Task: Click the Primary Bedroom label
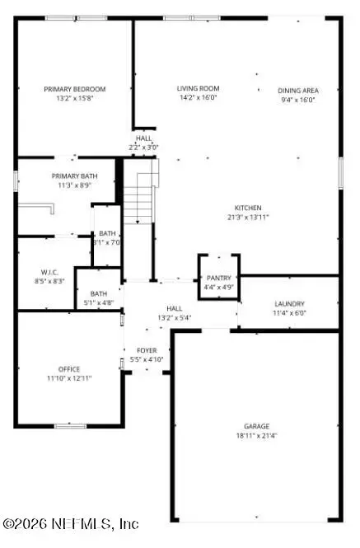tap(75, 89)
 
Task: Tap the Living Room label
tap(198, 89)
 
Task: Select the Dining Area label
tap(298, 91)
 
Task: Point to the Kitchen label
tap(247, 208)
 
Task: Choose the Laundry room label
tap(289, 304)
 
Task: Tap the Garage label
tap(256, 426)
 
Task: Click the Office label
tap(69, 368)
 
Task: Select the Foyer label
tap(147, 350)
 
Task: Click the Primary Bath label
tap(75, 176)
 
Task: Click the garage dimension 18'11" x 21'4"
tap(256, 436)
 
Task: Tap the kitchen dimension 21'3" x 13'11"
tap(247, 218)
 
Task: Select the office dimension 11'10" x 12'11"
tap(69, 378)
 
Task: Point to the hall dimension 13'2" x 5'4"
tap(174, 317)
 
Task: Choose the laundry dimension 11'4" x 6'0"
tap(289, 314)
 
